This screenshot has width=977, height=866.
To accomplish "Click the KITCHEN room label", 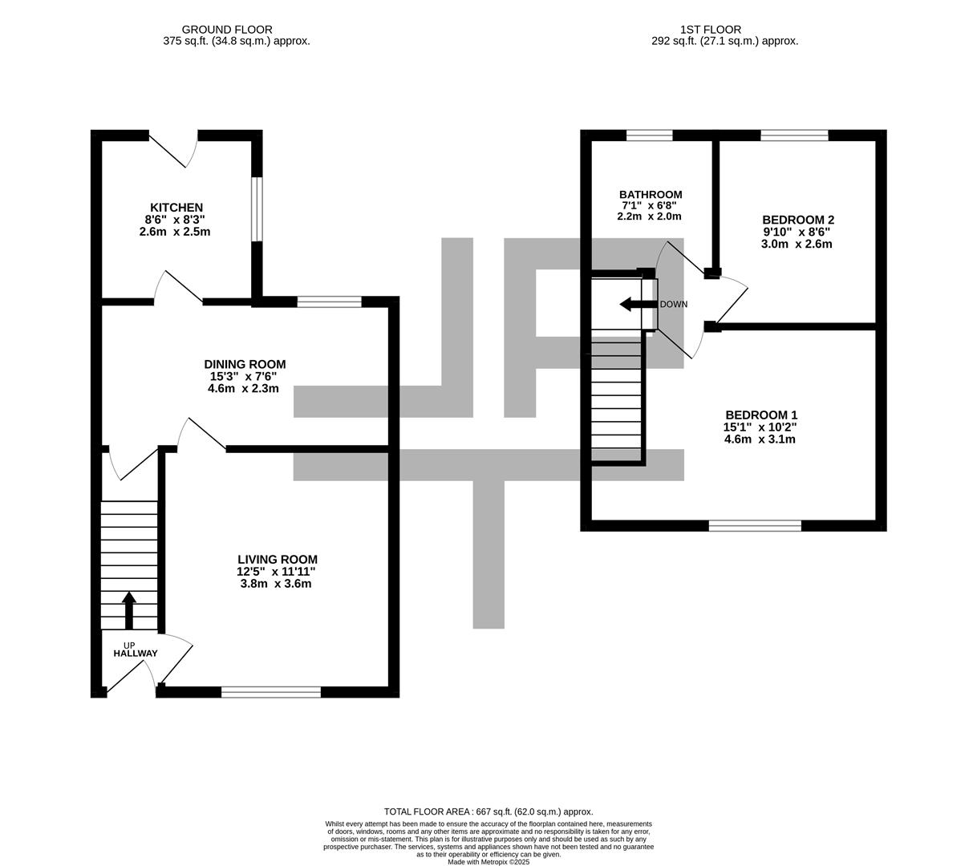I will [x=176, y=208].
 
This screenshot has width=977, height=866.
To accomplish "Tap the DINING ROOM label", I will [x=245, y=365].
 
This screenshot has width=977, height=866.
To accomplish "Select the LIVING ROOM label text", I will [x=277, y=560].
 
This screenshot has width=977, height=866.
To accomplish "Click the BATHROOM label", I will [x=651, y=195].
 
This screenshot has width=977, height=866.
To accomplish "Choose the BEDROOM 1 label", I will [x=761, y=415].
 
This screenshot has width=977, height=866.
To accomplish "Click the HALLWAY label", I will [x=136, y=654].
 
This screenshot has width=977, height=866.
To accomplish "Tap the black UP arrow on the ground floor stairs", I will [x=128, y=610].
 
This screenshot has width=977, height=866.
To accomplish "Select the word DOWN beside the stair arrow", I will [x=674, y=305].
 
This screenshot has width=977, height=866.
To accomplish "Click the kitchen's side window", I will [x=256, y=208].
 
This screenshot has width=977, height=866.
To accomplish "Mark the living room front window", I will [x=271, y=692].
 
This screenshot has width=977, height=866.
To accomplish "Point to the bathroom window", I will [x=649, y=135].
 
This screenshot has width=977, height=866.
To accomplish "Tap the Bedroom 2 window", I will [x=794, y=135].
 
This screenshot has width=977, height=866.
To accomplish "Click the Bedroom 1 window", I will [x=755, y=526].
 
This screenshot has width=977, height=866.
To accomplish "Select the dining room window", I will [x=329, y=302].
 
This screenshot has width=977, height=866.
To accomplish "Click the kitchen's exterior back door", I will [x=173, y=148].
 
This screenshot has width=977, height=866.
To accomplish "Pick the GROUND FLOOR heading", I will [x=227, y=30].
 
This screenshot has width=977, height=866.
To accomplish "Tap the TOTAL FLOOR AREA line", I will [x=488, y=811].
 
